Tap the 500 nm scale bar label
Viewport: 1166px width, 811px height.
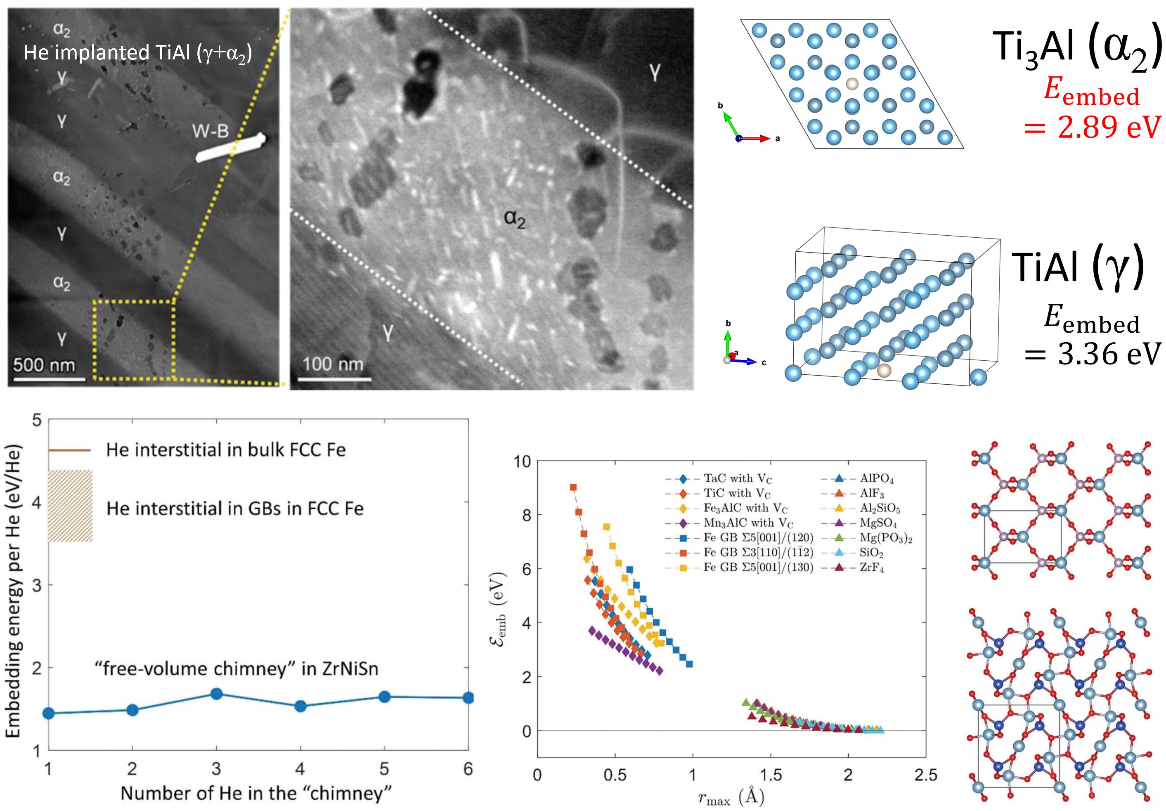(x=44, y=364)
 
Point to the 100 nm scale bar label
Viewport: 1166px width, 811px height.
(x=333, y=364)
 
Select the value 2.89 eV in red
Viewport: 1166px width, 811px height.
(x=1092, y=127)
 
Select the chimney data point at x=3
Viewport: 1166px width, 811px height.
(x=216, y=694)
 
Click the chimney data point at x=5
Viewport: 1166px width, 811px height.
(x=384, y=696)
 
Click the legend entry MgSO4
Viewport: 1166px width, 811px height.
(x=878, y=523)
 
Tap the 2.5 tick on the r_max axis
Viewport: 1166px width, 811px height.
(x=925, y=776)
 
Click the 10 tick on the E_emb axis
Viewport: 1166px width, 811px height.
(x=522, y=461)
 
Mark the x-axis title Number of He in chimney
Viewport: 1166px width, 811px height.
(x=256, y=793)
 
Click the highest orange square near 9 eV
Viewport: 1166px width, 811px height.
(x=573, y=487)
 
